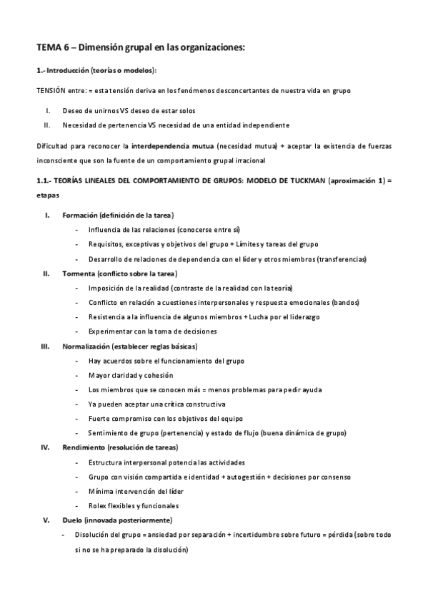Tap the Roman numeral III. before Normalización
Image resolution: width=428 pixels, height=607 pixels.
[45, 346]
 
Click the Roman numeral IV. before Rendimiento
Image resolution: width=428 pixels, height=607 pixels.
[45, 447]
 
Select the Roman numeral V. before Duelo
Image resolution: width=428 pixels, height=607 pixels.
[46, 520]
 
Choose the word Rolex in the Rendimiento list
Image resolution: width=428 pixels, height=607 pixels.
[98, 505]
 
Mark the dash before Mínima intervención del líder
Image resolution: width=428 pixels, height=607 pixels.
[77, 491]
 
